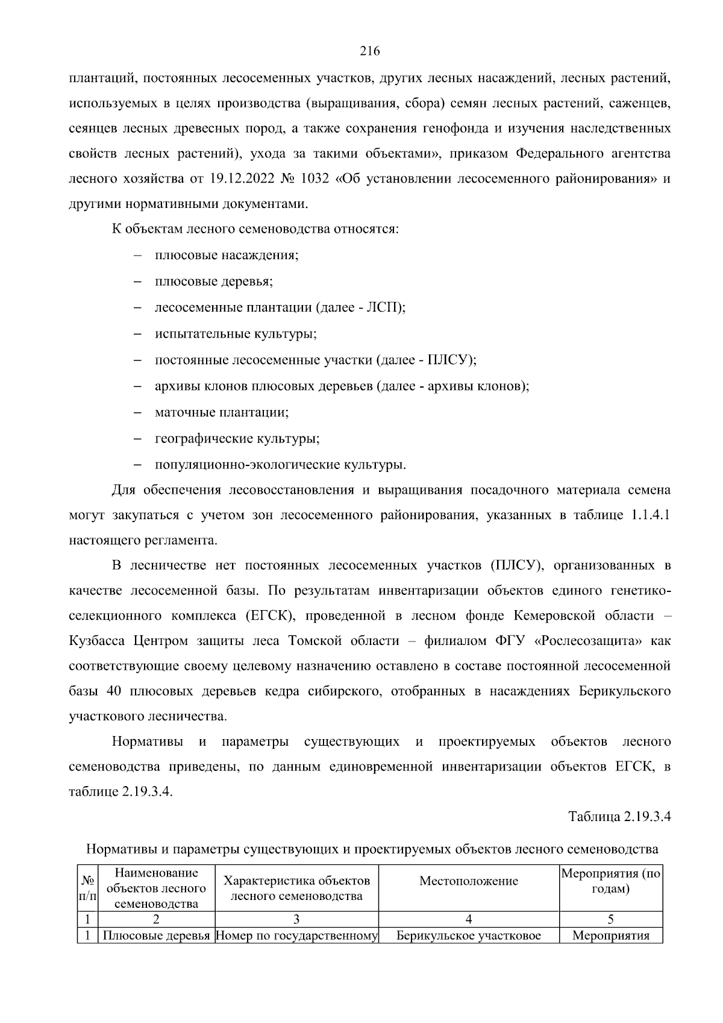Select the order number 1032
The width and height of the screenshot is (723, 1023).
pos(314,179)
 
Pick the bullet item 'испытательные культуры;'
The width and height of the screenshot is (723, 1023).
pos(236,334)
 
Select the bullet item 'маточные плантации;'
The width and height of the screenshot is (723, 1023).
pos(222,413)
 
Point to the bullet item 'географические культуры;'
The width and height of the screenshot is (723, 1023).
pos(237,439)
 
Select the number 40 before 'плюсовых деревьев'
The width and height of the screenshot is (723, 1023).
pos(114,691)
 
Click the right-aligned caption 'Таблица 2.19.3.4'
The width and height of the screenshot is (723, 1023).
pos(620,817)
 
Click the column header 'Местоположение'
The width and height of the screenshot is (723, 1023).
pos(469,881)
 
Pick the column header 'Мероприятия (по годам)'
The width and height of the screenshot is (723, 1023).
pos(611,881)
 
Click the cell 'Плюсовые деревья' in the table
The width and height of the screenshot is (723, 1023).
pos(157,936)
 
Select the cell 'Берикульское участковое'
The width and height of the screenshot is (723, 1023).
pos(469,936)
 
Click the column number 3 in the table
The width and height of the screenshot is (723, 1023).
pos(296,920)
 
